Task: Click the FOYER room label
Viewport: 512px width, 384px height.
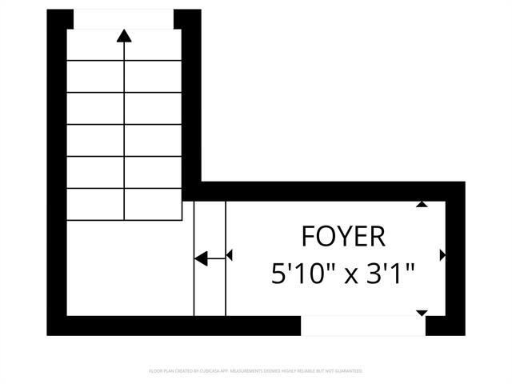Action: point(343,237)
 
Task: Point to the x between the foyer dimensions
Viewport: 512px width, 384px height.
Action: point(349,276)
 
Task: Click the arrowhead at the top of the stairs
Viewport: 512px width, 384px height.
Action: point(124,35)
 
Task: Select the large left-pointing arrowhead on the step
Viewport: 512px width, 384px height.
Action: point(201,258)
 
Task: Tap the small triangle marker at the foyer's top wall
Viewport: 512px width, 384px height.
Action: point(422,204)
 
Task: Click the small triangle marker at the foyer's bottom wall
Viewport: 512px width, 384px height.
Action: point(422,313)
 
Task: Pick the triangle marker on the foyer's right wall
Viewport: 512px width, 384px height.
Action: point(442,255)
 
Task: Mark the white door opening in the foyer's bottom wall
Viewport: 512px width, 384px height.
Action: point(362,325)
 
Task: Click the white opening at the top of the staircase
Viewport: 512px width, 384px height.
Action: point(123,19)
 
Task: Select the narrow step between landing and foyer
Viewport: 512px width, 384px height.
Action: point(210,258)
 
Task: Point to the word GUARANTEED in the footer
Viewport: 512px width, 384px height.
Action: point(346,371)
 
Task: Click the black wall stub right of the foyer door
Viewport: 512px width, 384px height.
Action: point(445,325)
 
